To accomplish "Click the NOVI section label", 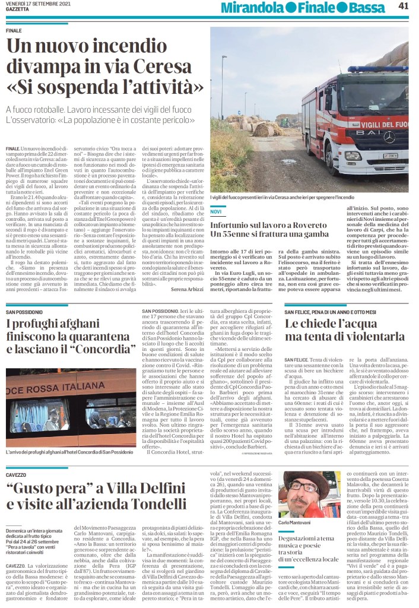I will (215, 212).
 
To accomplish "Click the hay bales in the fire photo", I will (264, 127).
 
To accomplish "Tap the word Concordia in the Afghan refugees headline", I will (103, 347).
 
